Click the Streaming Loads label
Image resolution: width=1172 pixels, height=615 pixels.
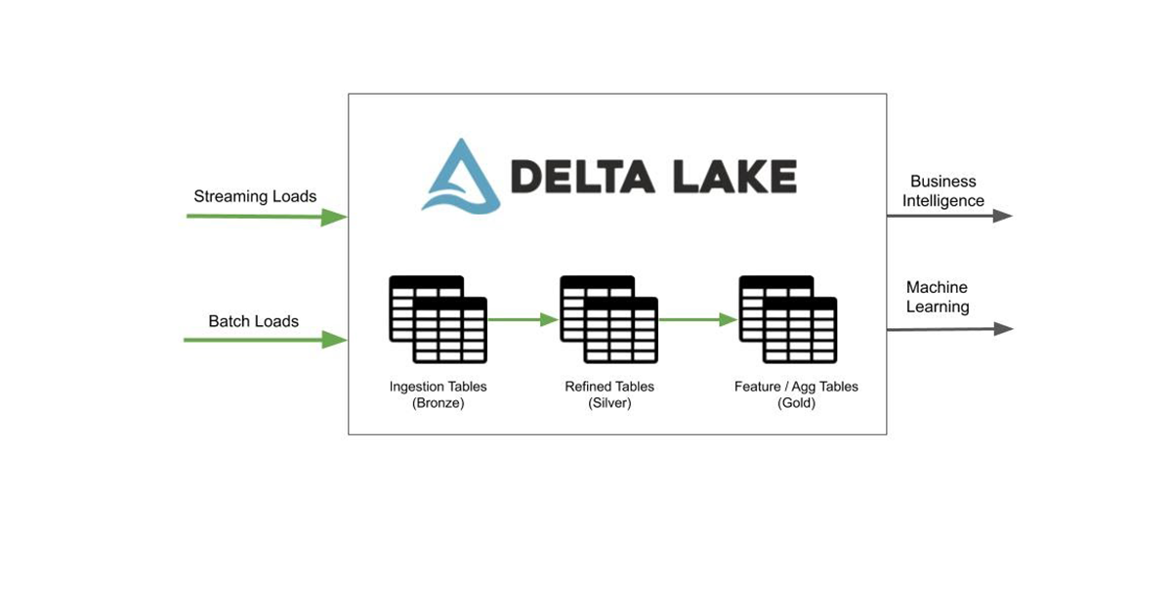click(255, 196)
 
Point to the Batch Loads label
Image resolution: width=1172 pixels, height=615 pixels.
click(253, 321)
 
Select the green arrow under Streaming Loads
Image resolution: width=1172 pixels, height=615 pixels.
click(266, 217)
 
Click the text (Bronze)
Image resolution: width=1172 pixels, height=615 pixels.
click(438, 403)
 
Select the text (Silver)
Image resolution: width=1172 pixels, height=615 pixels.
click(609, 403)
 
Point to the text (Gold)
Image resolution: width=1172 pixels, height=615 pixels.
click(796, 403)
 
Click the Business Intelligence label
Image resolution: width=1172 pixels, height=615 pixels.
click(942, 191)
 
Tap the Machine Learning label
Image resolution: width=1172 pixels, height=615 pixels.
click(937, 297)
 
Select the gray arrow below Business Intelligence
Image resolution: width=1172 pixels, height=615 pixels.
click(949, 216)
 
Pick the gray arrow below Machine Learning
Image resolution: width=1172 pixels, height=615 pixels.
click(949, 329)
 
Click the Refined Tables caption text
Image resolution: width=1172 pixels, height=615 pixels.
click(609, 387)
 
